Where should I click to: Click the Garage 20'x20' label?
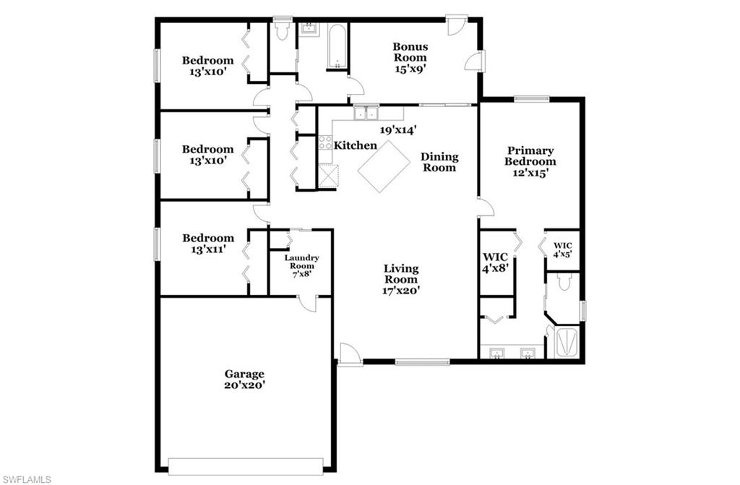(244, 379)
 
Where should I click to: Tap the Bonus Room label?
(410, 58)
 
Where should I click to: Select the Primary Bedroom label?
(529, 162)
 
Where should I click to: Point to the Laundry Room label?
(301, 266)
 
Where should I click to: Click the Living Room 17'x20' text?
(401, 279)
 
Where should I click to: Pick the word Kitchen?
(355, 145)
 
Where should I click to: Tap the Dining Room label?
(439, 162)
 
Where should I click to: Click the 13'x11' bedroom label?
(207, 244)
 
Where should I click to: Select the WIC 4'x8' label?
(496, 262)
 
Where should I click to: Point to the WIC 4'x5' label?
(562, 250)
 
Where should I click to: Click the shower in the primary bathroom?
(563, 343)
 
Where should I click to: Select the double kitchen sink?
(366, 113)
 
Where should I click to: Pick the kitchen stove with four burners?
(325, 142)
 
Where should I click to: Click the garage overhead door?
(245, 465)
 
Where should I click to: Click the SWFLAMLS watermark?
(27, 478)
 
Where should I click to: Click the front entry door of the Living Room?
(349, 355)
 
